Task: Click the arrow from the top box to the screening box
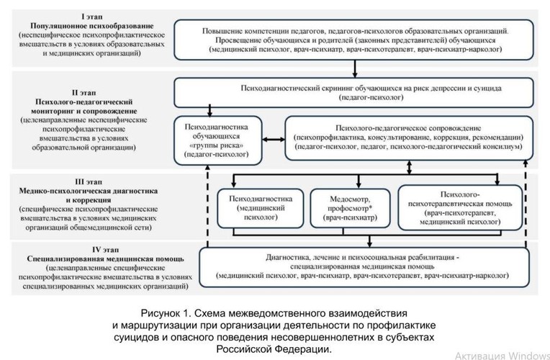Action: point(356,69)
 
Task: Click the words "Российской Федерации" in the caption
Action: point(274,349)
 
